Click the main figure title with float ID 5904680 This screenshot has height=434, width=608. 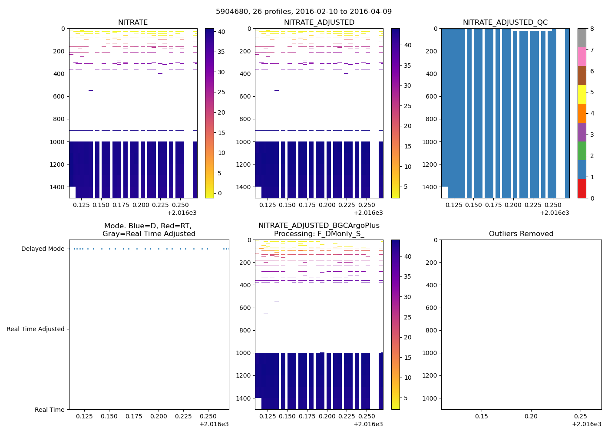click(x=304, y=11)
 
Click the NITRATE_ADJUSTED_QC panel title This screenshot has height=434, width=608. click(x=505, y=22)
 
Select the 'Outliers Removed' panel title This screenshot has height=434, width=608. click(x=521, y=233)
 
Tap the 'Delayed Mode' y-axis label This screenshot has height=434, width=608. click(x=43, y=249)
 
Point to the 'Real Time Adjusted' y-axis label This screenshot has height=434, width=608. click(x=35, y=329)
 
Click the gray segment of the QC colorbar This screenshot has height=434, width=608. click(x=582, y=38)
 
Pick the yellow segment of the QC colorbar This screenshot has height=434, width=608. click(x=582, y=94)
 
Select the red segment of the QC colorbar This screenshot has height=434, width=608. click(x=582, y=189)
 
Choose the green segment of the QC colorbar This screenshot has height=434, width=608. click(x=582, y=151)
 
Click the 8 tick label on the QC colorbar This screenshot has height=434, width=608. click(x=592, y=29)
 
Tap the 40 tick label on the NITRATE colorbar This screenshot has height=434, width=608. click(x=221, y=31)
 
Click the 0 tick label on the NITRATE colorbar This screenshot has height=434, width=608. click(x=219, y=193)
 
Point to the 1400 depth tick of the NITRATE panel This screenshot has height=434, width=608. click(x=57, y=187)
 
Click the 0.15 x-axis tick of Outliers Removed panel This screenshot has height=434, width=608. click(x=481, y=416)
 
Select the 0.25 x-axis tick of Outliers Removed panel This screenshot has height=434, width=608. click(x=581, y=416)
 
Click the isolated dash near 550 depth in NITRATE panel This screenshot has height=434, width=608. click(x=91, y=90)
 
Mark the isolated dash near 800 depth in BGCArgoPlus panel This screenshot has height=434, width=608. click(x=357, y=330)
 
